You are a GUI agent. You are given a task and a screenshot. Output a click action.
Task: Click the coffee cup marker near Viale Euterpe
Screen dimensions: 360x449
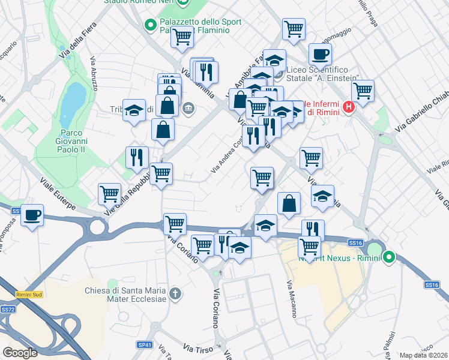(x=32, y=215)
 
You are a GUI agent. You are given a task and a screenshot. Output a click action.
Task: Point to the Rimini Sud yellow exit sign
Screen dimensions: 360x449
(x=28, y=294)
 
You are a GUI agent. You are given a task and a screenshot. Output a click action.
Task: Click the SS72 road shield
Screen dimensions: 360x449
(x=8, y=309)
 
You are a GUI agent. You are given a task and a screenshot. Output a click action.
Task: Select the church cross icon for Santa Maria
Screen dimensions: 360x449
(x=175, y=293)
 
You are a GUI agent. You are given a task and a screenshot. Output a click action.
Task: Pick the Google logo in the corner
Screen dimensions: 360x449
(x=20, y=353)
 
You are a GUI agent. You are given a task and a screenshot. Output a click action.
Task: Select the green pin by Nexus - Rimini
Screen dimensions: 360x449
(x=389, y=257)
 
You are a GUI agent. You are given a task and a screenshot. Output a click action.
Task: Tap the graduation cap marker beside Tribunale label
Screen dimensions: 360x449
(x=134, y=110)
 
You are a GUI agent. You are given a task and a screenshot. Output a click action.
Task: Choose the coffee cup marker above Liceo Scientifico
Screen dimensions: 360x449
(x=320, y=54)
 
